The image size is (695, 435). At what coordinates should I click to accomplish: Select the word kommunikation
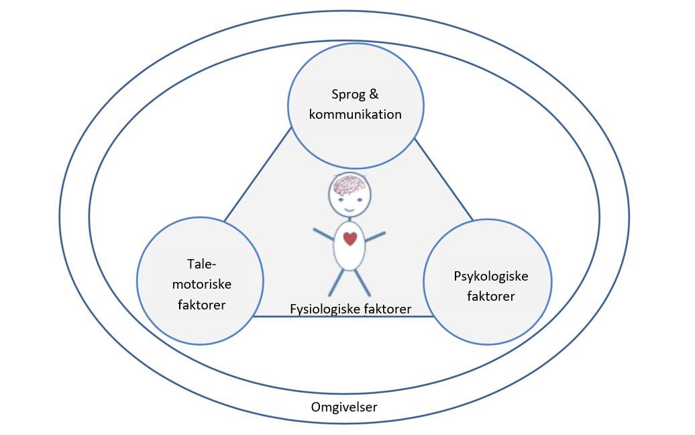coord(356,114)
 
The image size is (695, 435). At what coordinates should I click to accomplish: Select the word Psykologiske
coord(491,276)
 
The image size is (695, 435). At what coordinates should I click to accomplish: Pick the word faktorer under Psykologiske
coord(490,295)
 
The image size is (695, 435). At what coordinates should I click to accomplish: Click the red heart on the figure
coord(350,238)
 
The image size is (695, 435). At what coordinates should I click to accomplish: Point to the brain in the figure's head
coord(348,183)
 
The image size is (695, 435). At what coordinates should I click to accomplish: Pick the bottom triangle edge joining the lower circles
coord(339,317)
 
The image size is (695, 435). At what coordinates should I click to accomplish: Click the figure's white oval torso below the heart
coord(350,258)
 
